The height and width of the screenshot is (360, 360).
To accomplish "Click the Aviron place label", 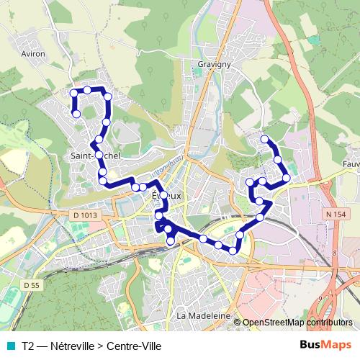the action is [x=34, y=53].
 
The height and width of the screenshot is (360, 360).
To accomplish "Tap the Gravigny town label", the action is [x=212, y=64].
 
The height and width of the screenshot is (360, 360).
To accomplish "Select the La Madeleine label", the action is [x=202, y=316].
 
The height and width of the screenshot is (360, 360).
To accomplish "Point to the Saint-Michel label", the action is [x=91, y=155].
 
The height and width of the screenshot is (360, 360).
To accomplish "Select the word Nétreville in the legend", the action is [x=77, y=345].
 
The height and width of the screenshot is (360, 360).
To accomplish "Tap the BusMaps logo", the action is [x=325, y=344].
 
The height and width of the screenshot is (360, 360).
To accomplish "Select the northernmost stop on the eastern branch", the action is [x=265, y=138].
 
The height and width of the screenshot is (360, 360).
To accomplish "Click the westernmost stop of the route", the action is [x=73, y=92].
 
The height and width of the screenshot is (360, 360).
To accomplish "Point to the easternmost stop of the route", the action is [x=287, y=177].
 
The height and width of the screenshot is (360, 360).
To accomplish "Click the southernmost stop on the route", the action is [x=233, y=250].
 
